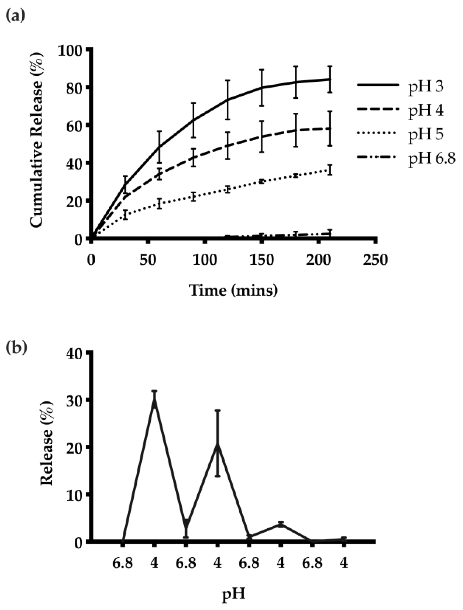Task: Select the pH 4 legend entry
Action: pos(426,111)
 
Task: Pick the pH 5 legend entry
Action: pos(426,135)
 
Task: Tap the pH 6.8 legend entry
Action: pos(432,159)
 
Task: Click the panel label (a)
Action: pos(15,16)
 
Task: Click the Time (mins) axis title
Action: pos(233,290)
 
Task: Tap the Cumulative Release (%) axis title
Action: pos(37,141)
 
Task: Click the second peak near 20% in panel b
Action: pos(217,445)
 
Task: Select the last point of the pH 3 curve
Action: pos(330,79)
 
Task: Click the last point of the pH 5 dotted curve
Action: pos(330,170)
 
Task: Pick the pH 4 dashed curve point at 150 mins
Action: pos(262,137)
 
